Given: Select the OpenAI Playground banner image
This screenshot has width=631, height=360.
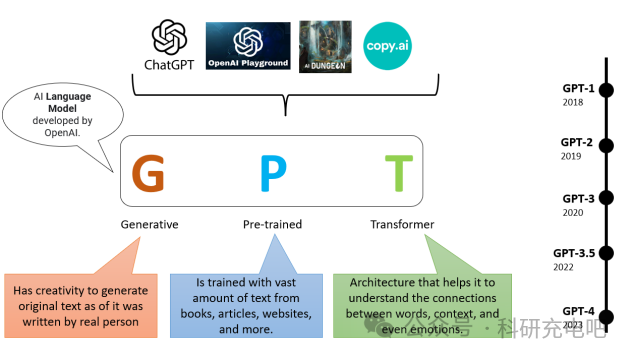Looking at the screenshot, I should (x=248, y=46).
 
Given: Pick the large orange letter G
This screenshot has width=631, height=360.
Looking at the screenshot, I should (x=149, y=173).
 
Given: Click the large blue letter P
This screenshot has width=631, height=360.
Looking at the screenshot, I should (x=272, y=173).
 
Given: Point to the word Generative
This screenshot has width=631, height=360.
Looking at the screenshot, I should (x=149, y=225).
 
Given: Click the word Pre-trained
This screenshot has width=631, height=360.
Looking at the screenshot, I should (x=272, y=225).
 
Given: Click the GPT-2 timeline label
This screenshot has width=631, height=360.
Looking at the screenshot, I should (x=577, y=142).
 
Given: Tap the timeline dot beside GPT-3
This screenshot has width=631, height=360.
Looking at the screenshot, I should (x=605, y=201).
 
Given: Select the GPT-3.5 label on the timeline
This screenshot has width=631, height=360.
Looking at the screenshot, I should (x=573, y=253).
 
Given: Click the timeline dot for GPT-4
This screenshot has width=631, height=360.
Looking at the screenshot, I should (x=605, y=312).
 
